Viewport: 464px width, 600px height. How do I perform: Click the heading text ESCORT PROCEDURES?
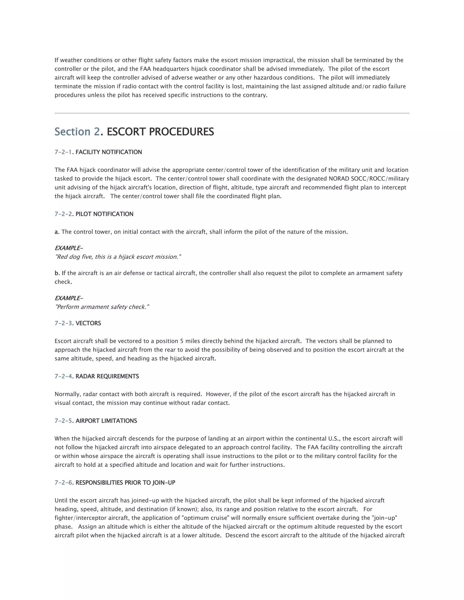click(160, 132)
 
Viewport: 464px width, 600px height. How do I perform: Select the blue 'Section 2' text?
click(77, 132)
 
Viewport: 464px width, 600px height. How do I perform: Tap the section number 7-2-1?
click(63, 152)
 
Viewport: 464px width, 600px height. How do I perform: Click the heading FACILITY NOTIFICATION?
click(109, 152)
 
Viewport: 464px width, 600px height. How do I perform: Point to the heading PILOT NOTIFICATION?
click(104, 214)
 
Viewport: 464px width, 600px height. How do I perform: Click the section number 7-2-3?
click(63, 323)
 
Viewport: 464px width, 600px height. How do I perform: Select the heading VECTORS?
click(88, 323)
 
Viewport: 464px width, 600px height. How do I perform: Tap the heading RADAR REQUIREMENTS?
click(107, 376)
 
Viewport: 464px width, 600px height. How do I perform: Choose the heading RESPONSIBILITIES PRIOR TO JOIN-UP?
click(125, 483)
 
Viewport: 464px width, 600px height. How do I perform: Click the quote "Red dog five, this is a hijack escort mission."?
click(118, 257)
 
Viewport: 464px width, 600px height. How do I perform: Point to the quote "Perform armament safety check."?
click(102, 307)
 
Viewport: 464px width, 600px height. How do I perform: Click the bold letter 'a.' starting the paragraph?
click(57, 232)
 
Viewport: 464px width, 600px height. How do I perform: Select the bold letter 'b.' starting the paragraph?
click(57, 273)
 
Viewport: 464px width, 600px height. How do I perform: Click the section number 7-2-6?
click(63, 483)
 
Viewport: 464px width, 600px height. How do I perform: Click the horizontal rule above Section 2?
click(232, 113)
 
